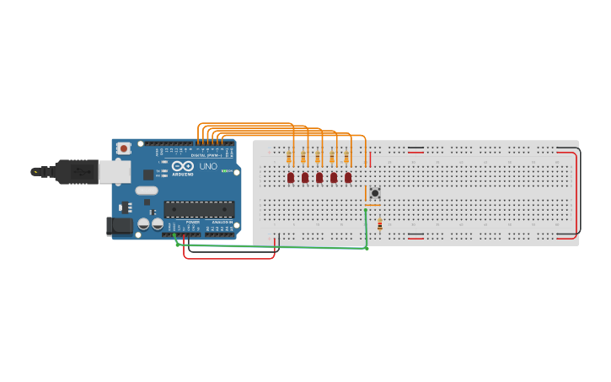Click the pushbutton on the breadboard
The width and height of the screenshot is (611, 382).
click(x=375, y=193)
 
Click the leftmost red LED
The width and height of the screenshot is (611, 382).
click(x=291, y=177)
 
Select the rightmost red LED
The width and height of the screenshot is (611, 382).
click(x=348, y=177)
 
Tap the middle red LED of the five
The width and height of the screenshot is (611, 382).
click(x=319, y=177)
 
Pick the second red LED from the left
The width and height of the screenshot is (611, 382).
click(x=305, y=177)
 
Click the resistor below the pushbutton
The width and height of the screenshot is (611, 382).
click(x=379, y=224)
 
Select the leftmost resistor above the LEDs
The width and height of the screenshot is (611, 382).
click(x=289, y=157)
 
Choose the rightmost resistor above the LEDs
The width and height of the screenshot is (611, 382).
click(x=346, y=157)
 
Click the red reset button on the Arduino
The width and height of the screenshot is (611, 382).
click(x=124, y=148)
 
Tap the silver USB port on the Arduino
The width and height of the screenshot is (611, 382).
click(x=115, y=172)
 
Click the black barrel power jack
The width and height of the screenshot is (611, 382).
click(x=119, y=225)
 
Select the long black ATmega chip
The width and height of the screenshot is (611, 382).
click(x=199, y=209)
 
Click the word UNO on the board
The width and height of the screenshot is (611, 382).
click(x=208, y=166)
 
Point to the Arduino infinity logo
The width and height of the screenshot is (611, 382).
click(x=183, y=166)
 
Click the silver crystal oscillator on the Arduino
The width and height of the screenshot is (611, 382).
click(x=146, y=191)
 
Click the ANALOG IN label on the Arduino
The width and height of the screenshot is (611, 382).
click(x=220, y=222)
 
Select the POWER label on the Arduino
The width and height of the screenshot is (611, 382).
click(x=193, y=222)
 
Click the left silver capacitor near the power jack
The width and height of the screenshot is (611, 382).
click(x=144, y=224)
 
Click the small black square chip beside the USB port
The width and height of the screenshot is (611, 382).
click(x=148, y=175)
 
